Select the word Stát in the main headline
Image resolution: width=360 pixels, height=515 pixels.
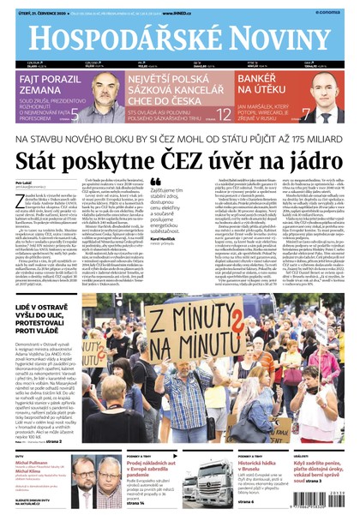coord(58,159)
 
